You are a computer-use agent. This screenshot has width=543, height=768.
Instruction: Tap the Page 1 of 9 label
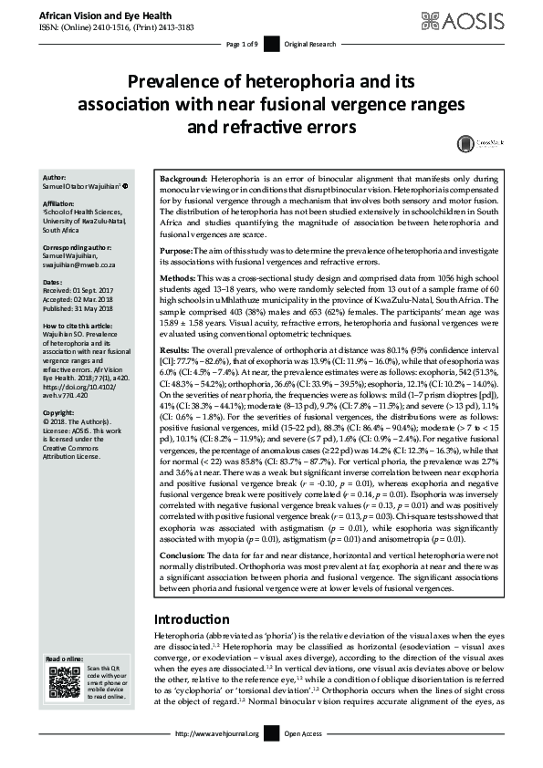[242, 44]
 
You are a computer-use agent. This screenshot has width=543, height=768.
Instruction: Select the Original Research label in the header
[309, 44]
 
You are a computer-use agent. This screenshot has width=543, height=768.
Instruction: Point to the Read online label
[65, 659]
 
